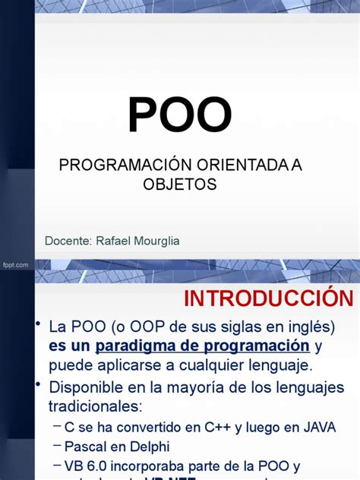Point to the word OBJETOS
180,185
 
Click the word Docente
68,241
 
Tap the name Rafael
112,241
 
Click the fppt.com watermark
15,264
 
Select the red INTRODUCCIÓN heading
268,298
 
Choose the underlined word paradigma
135,346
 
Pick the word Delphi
149,447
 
